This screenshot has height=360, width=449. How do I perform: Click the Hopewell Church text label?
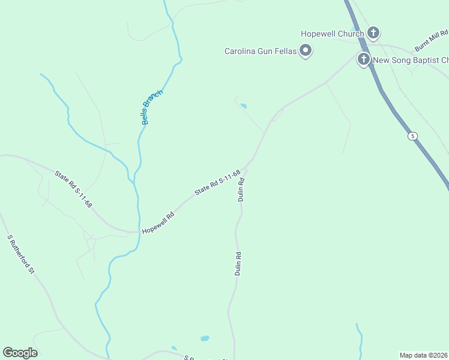tap(332, 34)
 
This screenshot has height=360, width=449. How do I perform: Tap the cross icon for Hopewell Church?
tap(373, 33)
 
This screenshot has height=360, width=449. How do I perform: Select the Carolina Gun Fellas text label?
tap(261, 52)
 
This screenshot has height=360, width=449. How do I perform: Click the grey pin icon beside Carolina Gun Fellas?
tap(306, 51)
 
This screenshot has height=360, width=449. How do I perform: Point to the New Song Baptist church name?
tap(411, 60)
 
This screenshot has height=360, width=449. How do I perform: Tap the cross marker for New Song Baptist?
tap(363, 59)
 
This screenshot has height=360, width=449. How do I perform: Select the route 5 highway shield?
tap(412, 136)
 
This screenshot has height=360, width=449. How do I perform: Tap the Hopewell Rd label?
tap(158, 223)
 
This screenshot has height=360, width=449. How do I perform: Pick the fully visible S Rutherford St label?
tap(21, 254)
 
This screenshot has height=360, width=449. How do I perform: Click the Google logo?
tap(20, 353)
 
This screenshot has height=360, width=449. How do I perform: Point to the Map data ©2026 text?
tap(424, 355)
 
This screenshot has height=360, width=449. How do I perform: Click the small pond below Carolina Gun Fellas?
tap(243, 106)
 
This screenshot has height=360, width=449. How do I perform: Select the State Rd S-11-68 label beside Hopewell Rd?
tap(217, 182)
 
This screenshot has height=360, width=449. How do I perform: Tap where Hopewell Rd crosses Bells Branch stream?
tap(139, 231)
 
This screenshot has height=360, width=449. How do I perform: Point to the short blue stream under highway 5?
tap(360, 339)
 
